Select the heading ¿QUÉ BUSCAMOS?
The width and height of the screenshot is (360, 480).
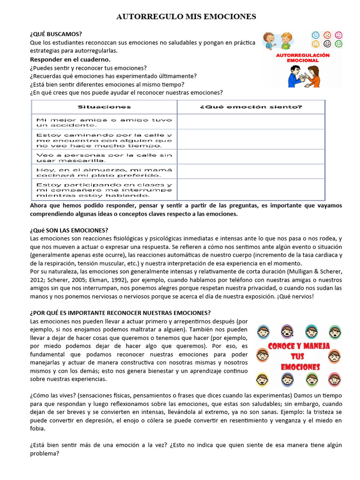pyautogui.click(x=56, y=34)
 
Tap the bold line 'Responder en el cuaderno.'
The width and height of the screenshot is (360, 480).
pyautogui.click(x=70, y=60)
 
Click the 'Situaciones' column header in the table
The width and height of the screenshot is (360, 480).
pyautogui.click(x=104, y=107)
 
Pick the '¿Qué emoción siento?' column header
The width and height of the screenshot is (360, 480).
pyautogui.click(x=251, y=107)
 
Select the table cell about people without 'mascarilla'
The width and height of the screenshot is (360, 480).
pyautogui.click(x=104, y=157)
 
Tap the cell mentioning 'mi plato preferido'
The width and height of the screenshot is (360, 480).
pyautogui.click(x=104, y=172)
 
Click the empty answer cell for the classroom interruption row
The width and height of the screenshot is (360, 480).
pyautogui.click(x=251, y=189)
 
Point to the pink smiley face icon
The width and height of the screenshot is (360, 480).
pyautogui.click(x=338, y=35)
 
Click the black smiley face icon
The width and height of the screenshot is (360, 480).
pyautogui.click(x=327, y=44)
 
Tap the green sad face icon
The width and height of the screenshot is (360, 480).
pyautogui.click(x=338, y=44)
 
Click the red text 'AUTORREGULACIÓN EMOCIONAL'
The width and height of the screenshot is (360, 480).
pyautogui.click(x=303, y=58)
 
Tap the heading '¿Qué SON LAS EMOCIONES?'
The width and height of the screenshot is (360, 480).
pyautogui.click(x=69, y=230)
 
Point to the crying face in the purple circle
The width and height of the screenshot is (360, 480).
pyautogui.click(x=286, y=331)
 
